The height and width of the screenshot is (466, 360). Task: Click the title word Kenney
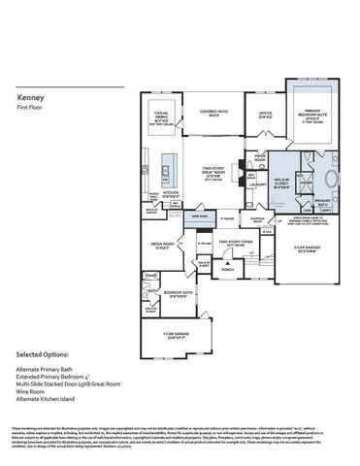tap(30, 98)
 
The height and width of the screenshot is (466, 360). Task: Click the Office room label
tap(265, 113)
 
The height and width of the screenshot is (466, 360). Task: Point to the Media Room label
tap(162, 245)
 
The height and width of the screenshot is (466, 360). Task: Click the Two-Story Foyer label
tap(229, 244)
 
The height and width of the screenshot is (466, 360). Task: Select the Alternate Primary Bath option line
tap(48, 372)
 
